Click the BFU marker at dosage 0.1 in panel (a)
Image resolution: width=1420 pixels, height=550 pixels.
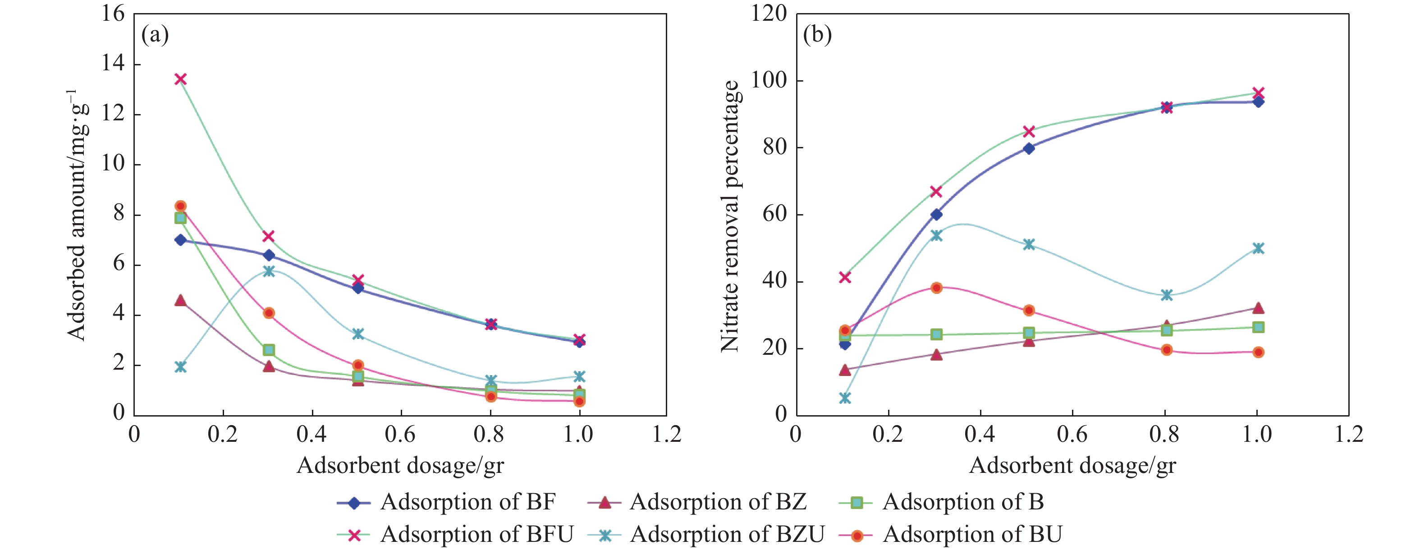tap(180, 79)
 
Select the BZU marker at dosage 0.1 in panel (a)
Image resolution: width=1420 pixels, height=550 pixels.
tap(180, 367)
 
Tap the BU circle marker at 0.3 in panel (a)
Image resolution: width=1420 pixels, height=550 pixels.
tap(269, 313)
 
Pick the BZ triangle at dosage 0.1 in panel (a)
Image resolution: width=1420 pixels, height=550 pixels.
tap(180, 300)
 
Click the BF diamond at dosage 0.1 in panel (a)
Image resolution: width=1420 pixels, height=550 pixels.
tap(180, 240)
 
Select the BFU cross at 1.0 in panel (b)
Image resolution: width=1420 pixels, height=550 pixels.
tap(1258, 92)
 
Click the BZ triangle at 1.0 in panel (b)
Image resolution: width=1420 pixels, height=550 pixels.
tap(1258, 308)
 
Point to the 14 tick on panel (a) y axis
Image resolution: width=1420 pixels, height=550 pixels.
tap(114, 64)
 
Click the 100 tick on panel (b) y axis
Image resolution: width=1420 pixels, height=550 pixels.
tap(770, 80)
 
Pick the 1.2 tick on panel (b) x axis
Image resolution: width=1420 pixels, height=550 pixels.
tap(1349, 434)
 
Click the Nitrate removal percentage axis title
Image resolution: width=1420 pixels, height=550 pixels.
tap(730, 216)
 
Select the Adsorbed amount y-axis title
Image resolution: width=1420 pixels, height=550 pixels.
tap(77, 215)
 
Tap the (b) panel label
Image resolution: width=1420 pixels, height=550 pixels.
tap(817, 35)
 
